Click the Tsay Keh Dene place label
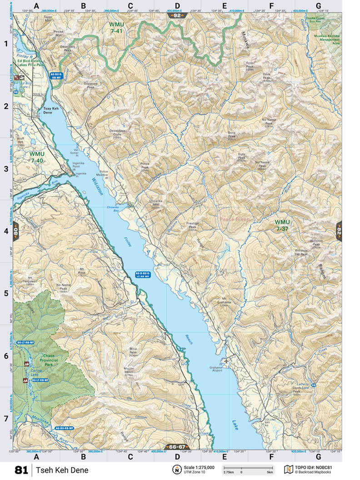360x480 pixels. pos(47,110)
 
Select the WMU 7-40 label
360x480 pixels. pos(36,157)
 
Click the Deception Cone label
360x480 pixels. pos(117,133)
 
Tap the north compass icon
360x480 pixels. pos(176,469)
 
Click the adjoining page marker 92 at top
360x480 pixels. pos(177,15)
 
